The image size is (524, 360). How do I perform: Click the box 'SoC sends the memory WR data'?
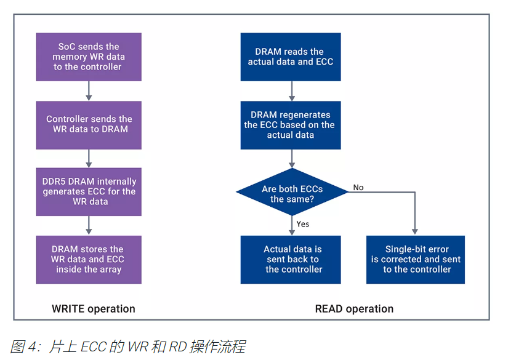[89, 57]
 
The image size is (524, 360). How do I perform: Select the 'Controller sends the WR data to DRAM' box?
[89, 124]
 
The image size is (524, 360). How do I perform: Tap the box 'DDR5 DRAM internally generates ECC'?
[89, 191]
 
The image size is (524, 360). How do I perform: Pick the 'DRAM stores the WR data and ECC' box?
[89, 259]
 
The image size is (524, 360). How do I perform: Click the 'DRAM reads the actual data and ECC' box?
[291, 57]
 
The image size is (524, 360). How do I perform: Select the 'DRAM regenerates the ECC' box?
[291, 125]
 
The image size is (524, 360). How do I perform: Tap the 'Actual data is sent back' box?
[291, 259]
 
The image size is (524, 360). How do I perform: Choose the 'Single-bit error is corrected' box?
[416, 259]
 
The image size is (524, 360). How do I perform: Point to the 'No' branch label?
[358, 187]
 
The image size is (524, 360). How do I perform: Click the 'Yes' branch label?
[302, 224]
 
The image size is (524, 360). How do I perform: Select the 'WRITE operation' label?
[93, 309]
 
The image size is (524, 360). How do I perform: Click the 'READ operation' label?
[354, 309]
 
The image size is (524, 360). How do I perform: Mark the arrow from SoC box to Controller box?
[89, 91]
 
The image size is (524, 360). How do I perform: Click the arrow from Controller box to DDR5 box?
[89, 159]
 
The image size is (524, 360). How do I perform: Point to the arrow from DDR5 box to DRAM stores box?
[89, 226]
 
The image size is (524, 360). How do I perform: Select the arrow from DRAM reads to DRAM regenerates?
[291, 91]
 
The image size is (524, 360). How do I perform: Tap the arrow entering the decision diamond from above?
[291, 159]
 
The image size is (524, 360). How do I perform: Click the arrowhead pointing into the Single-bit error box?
[416, 231]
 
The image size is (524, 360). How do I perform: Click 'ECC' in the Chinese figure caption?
[97, 347]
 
